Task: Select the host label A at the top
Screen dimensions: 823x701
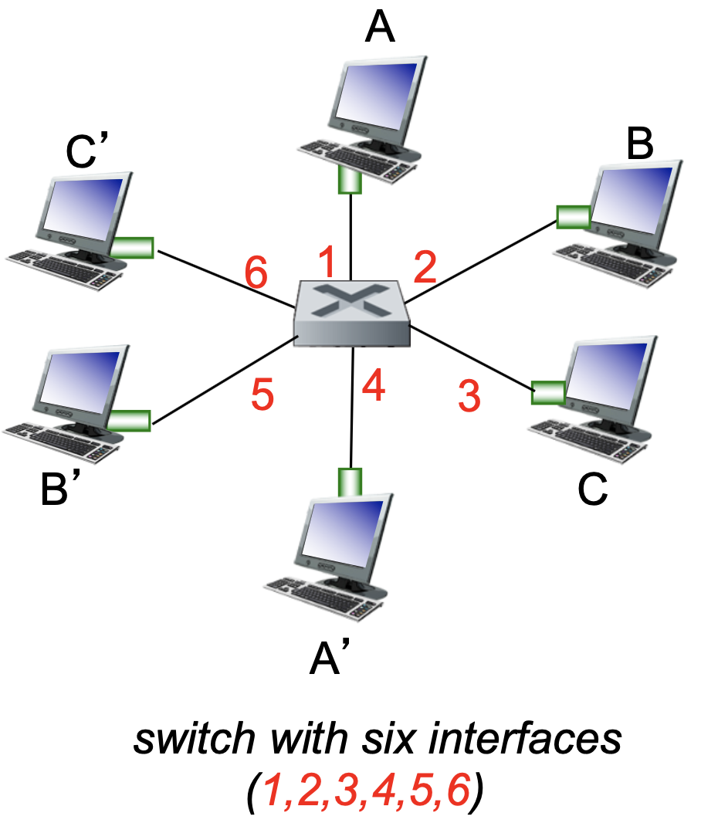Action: click(x=380, y=29)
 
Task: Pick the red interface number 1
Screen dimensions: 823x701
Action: click(x=328, y=262)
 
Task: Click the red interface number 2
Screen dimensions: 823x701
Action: click(x=425, y=268)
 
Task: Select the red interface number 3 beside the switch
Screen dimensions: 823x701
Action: click(x=469, y=395)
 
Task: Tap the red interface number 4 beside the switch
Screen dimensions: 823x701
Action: click(x=373, y=387)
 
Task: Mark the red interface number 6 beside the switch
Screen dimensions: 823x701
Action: click(x=256, y=272)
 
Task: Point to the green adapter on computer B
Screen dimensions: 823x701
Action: click(x=573, y=216)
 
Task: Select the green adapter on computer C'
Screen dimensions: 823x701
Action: click(x=132, y=247)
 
